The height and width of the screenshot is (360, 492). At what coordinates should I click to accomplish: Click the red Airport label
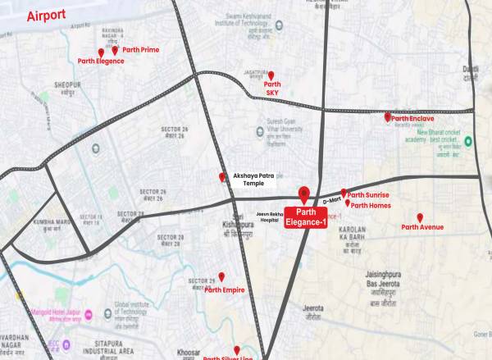46,16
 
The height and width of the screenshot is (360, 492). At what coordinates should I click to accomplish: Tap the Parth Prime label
141,50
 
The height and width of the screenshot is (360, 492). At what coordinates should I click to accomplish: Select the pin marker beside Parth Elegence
101,52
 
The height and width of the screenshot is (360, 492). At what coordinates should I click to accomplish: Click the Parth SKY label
272,89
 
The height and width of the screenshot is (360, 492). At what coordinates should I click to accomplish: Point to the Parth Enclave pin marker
388,117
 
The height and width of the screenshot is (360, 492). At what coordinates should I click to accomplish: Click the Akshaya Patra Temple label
257,180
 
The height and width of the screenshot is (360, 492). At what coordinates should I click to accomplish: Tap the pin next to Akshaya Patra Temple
221,177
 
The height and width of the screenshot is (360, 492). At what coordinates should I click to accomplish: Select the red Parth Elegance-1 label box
304,219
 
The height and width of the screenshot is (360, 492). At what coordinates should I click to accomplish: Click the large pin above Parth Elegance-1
304,194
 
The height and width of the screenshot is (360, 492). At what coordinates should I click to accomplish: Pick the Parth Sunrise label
368,195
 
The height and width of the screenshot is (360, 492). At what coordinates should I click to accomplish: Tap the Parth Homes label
371,205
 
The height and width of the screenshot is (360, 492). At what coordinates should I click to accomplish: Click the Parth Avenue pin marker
420,217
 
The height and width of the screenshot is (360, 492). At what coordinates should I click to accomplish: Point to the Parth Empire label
225,289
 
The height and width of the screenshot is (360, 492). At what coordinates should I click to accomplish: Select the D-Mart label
330,200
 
